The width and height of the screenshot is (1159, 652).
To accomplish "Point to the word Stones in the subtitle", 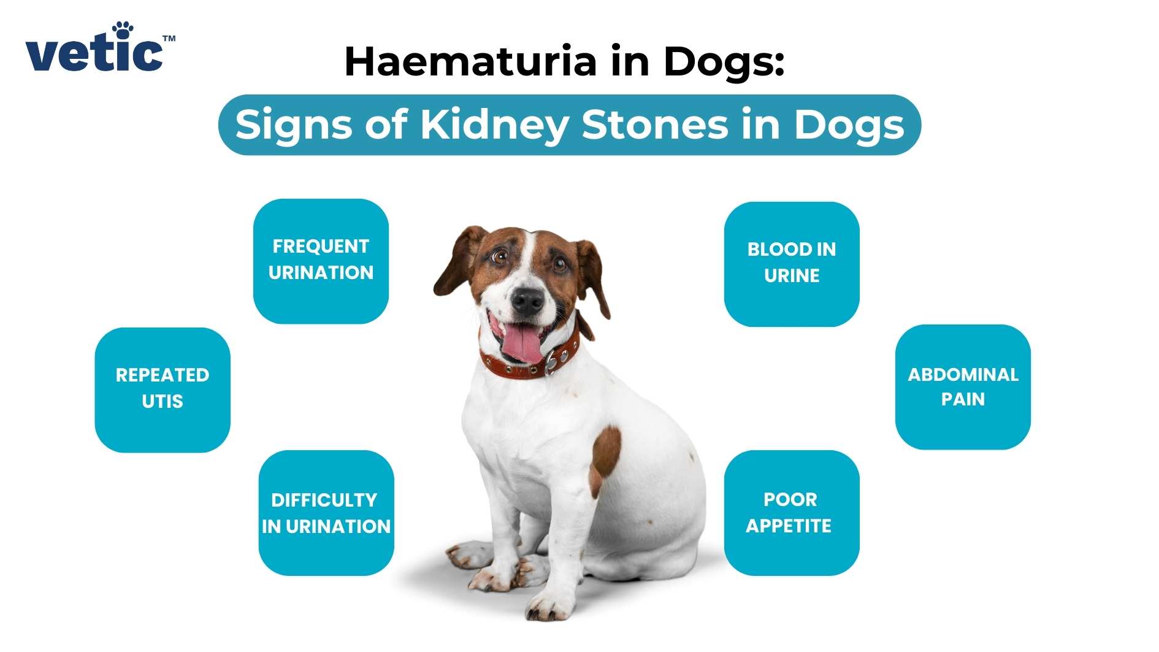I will pyautogui.click(x=655, y=125).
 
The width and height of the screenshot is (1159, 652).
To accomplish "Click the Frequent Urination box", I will pyautogui.click(x=321, y=261).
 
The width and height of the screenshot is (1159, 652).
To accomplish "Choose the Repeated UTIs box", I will pyautogui.click(x=163, y=389).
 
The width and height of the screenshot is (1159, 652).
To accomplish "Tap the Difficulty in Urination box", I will pyautogui.click(x=326, y=513).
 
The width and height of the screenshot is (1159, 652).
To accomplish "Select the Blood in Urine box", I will pyautogui.click(x=792, y=264).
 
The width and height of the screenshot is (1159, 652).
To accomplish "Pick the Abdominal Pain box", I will pyautogui.click(x=963, y=387).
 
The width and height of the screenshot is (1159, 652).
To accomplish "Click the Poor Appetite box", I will pyautogui.click(x=791, y=513).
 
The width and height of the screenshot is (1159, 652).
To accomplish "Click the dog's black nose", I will pyautogui.click(x=527, y=300).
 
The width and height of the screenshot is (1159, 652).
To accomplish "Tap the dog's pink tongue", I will pyautogui.click(x=523, y=343).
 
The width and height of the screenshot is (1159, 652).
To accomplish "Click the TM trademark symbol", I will pyautogui.click(x=169, y=39).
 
